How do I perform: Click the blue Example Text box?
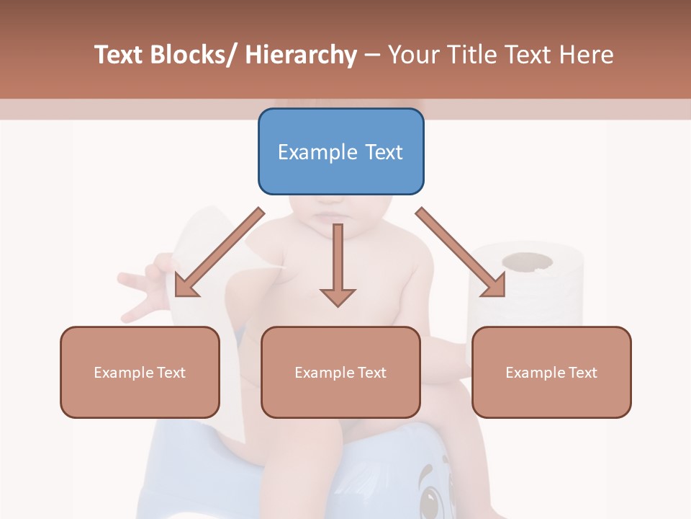(x=340, y=151)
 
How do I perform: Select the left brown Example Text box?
(x=140, y=372)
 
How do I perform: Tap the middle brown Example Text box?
(x=340, y=372)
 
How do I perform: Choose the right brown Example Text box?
(x=551, y=372)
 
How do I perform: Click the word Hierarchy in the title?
(x=301, y=55)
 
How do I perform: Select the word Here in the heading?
(x=587, y=55)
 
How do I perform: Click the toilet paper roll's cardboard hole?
(x=527, y=261)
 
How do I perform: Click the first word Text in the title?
(x=119, y=55)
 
